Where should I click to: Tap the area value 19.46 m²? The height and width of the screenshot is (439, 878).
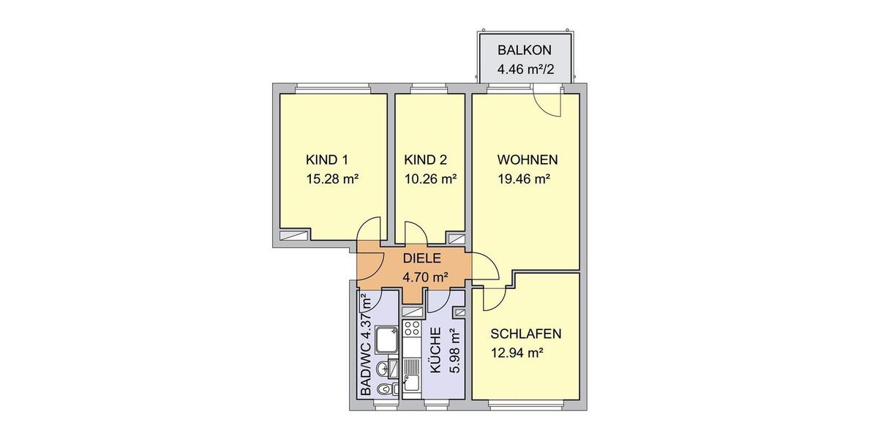[x=523, y=178]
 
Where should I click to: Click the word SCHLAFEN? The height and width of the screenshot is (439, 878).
[x=526, y=334]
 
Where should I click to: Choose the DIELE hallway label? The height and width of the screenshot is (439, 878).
[x=421, y=258]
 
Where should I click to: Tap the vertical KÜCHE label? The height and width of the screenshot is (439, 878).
[x=436, y=351]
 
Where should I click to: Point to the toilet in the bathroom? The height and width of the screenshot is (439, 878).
[x=383, y=390]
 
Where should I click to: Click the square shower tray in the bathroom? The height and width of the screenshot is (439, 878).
[x=386, y=339]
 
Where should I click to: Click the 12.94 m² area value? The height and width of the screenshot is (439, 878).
[x=517, y=353]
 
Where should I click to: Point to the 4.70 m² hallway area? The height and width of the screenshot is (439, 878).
[x=425, y=277]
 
